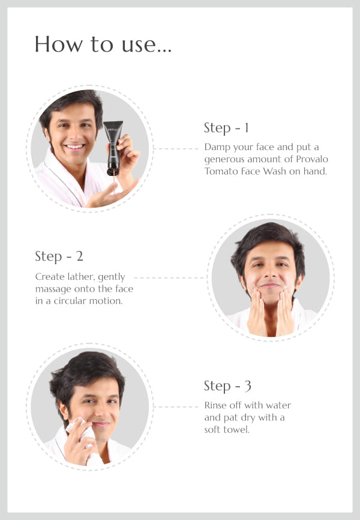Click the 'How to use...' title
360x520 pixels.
[103, 44]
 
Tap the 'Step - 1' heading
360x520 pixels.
[226, 128]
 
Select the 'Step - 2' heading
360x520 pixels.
[59, 256]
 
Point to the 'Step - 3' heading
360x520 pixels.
[227, 386]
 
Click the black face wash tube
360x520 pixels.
[113, 148]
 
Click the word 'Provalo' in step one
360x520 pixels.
[312, 159]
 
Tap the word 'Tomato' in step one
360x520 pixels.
[219, 171]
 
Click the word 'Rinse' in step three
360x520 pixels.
[215, 405]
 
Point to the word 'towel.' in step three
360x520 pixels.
[236, 430]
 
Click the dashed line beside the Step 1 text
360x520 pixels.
[176, 148]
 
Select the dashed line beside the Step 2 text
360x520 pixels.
[169, 277]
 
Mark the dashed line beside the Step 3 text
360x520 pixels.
[176, 407]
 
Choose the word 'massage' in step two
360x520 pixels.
[53, 289]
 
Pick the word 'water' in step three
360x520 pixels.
[278, 405]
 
